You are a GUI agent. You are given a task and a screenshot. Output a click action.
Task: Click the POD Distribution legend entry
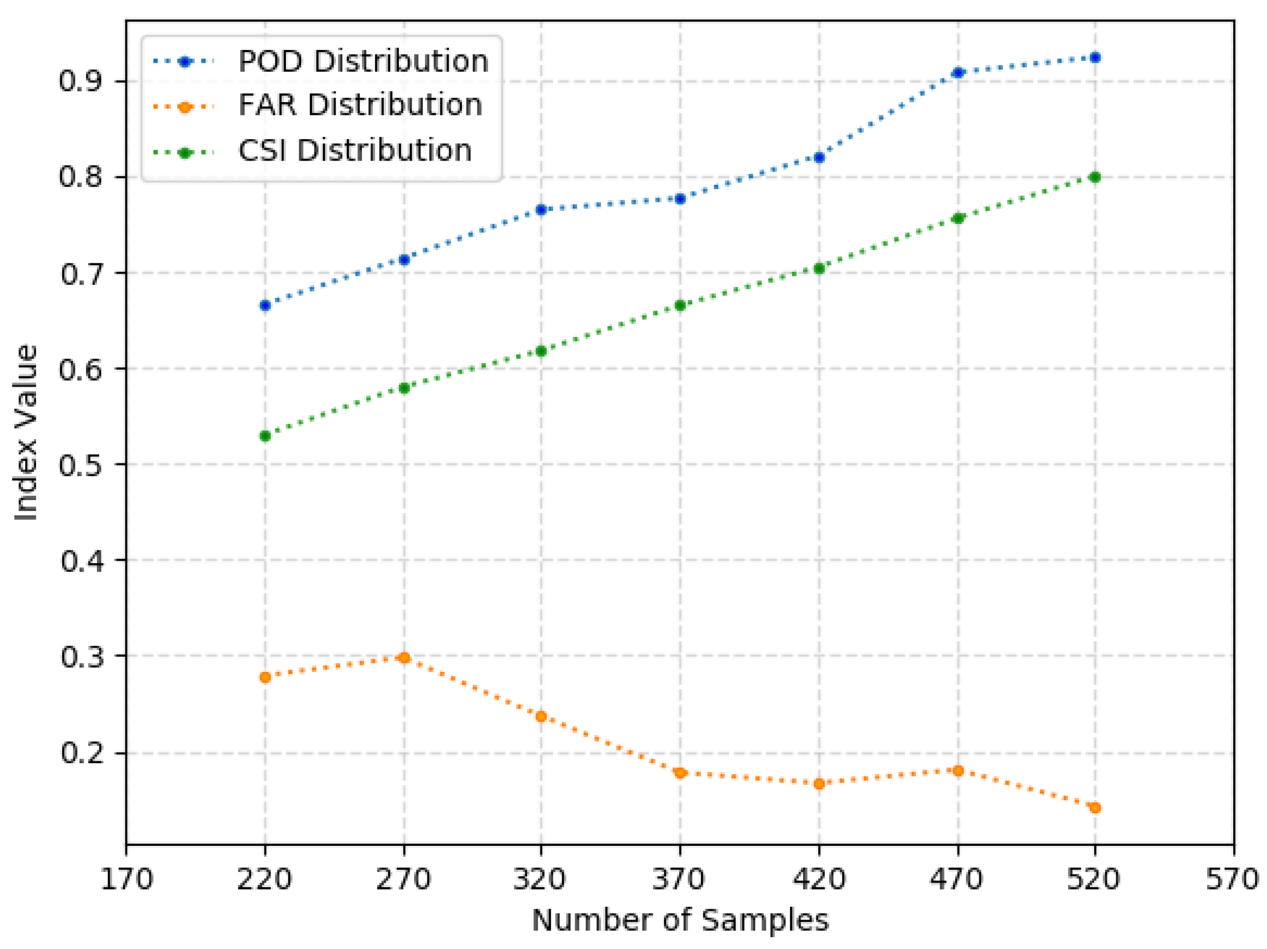[321, 61]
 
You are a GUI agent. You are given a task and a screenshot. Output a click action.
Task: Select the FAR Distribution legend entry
[318, 105]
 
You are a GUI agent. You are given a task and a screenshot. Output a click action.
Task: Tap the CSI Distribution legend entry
[312, 151]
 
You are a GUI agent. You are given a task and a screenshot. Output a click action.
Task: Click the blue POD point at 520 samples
[1095, 58]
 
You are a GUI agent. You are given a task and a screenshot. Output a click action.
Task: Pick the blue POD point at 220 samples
[265, 306]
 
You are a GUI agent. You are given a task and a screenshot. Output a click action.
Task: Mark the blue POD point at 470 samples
[958, 72]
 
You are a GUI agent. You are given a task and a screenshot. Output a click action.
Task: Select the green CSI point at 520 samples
[1095, 177]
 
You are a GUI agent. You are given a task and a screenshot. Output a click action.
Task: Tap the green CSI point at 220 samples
[265, 436]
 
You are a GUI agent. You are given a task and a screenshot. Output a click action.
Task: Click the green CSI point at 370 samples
[680, 306]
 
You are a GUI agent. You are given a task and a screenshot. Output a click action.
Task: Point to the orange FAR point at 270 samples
[404, 658]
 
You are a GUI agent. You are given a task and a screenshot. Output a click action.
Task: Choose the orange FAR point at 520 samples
[1095, 808]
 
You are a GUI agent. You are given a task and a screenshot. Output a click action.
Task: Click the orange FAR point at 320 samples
[541, 716]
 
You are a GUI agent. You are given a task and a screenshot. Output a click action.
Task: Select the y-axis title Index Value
[26, 432]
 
